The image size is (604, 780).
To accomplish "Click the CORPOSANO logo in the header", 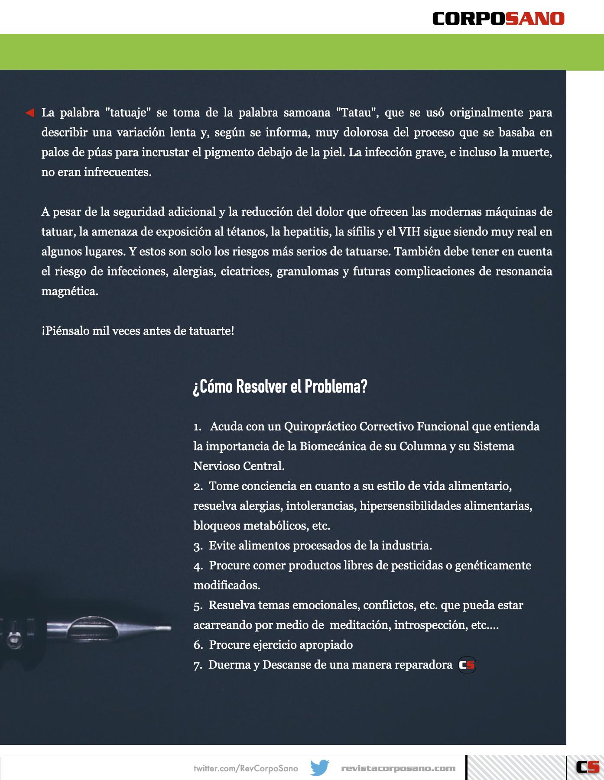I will tap(498, 19).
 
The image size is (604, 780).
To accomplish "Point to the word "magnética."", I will tap(70, 291).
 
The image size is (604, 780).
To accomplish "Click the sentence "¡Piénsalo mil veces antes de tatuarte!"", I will tap(138, 331).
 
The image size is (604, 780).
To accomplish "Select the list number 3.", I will tap(198, 546).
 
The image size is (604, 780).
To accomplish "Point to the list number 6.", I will tap(198, 645).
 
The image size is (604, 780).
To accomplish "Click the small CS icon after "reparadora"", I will tap(467, 665).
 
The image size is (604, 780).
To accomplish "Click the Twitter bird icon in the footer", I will tap(320, 768).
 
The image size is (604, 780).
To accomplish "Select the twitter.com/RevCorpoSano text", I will tap(246, 769).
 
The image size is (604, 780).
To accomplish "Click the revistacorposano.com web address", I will tap(398, 769).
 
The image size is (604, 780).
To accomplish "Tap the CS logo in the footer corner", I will tap(588, 767).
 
